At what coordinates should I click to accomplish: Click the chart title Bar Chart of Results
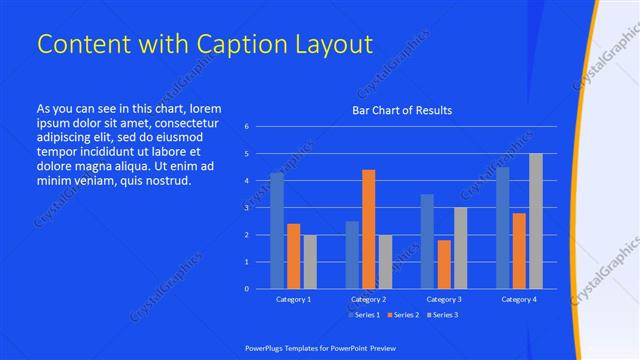point(402,110)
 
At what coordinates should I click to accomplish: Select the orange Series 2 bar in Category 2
point(369,229)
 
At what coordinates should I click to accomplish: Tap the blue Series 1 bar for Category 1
point(277,230)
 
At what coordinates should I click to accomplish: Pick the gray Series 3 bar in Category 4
point(536,221)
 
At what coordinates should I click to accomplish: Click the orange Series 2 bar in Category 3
point(444,264)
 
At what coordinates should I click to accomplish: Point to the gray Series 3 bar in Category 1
point(310,261)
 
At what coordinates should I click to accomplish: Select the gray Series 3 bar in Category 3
point(460,248)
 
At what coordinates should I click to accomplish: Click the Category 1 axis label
point(293,299)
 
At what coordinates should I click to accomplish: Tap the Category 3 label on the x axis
point(443,299)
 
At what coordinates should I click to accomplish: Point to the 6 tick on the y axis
point(247,127)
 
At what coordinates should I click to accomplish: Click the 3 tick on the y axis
point(247,208)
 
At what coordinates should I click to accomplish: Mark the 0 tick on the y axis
point(247,289)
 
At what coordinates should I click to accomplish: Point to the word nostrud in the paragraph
point(165,180)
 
